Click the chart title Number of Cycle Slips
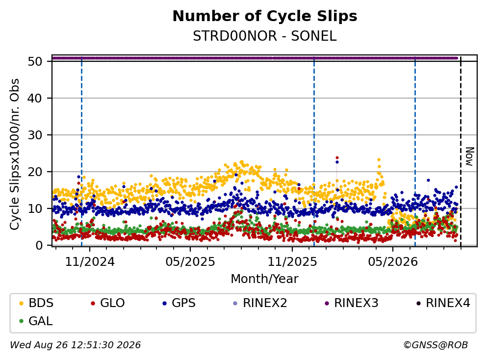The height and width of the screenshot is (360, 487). coord(265,16)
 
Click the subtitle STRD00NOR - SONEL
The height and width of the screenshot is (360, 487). coord(265,36)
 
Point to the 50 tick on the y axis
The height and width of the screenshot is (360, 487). coord(35,61)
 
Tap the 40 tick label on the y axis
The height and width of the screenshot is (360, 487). coord(35,98)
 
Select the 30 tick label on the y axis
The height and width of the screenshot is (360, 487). coord(35,135)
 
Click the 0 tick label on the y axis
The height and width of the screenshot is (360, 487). coord(39,245)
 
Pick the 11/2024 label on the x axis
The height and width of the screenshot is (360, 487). coord(90,262)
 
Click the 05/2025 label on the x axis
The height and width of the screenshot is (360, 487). coord(190,262)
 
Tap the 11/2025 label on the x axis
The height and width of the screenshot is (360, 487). coord(292,262)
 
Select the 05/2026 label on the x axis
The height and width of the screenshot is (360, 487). coord(393,262)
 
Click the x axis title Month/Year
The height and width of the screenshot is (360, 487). coord(265,279)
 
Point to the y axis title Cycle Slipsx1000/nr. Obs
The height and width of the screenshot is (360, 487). coord(14,154)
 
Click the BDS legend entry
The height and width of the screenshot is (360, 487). coord(36,303)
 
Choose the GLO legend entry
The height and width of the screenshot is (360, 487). coord(107,303)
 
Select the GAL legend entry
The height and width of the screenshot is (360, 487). coord(35,321)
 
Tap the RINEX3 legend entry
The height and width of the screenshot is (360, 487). coord(351,303)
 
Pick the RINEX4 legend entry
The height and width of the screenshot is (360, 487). coord(443,303)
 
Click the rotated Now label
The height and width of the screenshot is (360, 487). coord(470,156)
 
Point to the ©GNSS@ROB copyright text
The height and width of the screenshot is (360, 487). coord(436,345)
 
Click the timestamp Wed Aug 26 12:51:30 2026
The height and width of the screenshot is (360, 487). coord(76,345)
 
